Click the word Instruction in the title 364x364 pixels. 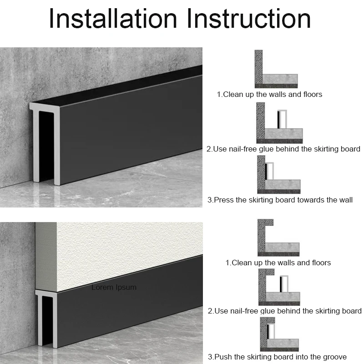click(x=250, y=19)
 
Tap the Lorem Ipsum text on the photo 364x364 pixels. click(x=114, y=287)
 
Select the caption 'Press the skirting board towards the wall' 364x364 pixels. click(x=280, y=200)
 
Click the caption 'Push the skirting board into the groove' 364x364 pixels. click(x=277, y=357)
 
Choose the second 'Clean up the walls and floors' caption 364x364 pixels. click(x=278, y=263)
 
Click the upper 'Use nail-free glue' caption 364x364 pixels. click(x=283, y=149)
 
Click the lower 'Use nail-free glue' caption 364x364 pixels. click(x=284, y=311)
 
